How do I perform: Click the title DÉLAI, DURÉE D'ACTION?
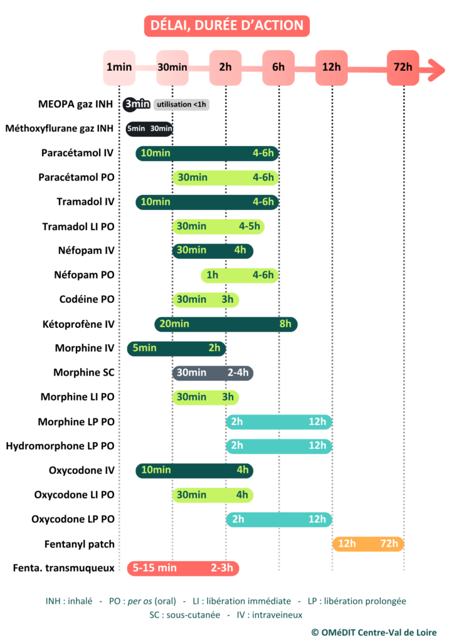[x=227, y=26]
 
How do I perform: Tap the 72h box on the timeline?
[x=403, y=68]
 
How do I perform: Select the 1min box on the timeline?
[x=119, y=68]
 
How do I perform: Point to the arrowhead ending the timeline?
[x=436, y=70]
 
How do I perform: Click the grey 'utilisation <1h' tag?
[x=181, y=105]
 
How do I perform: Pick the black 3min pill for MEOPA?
[x=137, y=105]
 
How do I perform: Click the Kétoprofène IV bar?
[x=226, y=324]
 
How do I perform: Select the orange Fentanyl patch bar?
[x=368, y=544]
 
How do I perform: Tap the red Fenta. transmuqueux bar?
[x=183, y=568]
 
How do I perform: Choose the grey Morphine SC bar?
[x=213, y=372]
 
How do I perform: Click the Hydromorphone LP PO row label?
[x=60, y=446]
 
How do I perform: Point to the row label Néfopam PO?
[x=84, y=275]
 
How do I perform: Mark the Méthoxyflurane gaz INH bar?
[x=149, y=129]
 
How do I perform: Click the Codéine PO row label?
[x=87, y=299]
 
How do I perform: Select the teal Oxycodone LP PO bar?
[x=279, y=519]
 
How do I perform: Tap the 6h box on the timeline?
[x=278, y=68]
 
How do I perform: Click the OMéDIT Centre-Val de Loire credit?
[x=374, y=633]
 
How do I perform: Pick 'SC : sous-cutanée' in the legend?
[x=184, y=615]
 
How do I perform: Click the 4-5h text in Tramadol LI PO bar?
[x=250, y=226]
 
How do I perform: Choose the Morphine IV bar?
[x=176, y=349]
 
